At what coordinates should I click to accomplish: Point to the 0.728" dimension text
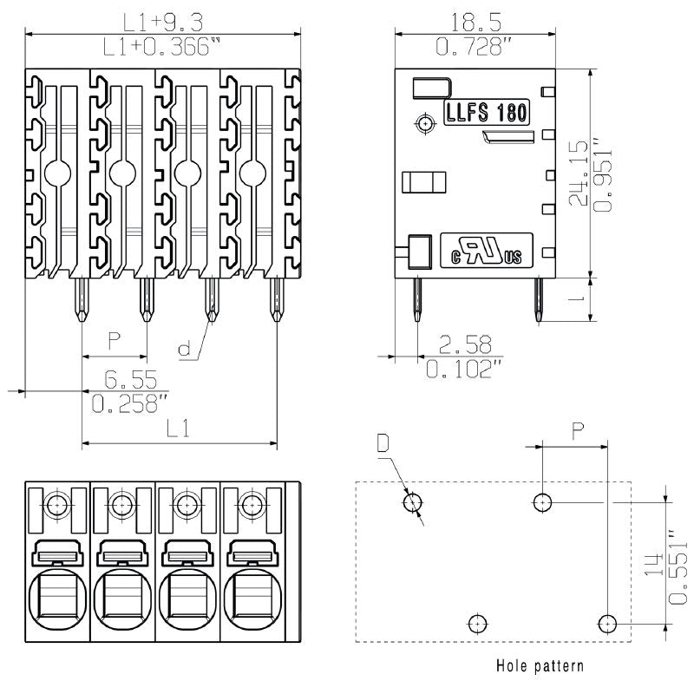472,48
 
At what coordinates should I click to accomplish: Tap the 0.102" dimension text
465,370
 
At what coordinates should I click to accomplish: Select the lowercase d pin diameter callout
184,350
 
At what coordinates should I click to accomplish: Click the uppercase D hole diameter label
383,444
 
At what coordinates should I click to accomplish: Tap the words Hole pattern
539,666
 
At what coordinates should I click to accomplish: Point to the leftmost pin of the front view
81,298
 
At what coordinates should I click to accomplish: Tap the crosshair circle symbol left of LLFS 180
424,124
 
